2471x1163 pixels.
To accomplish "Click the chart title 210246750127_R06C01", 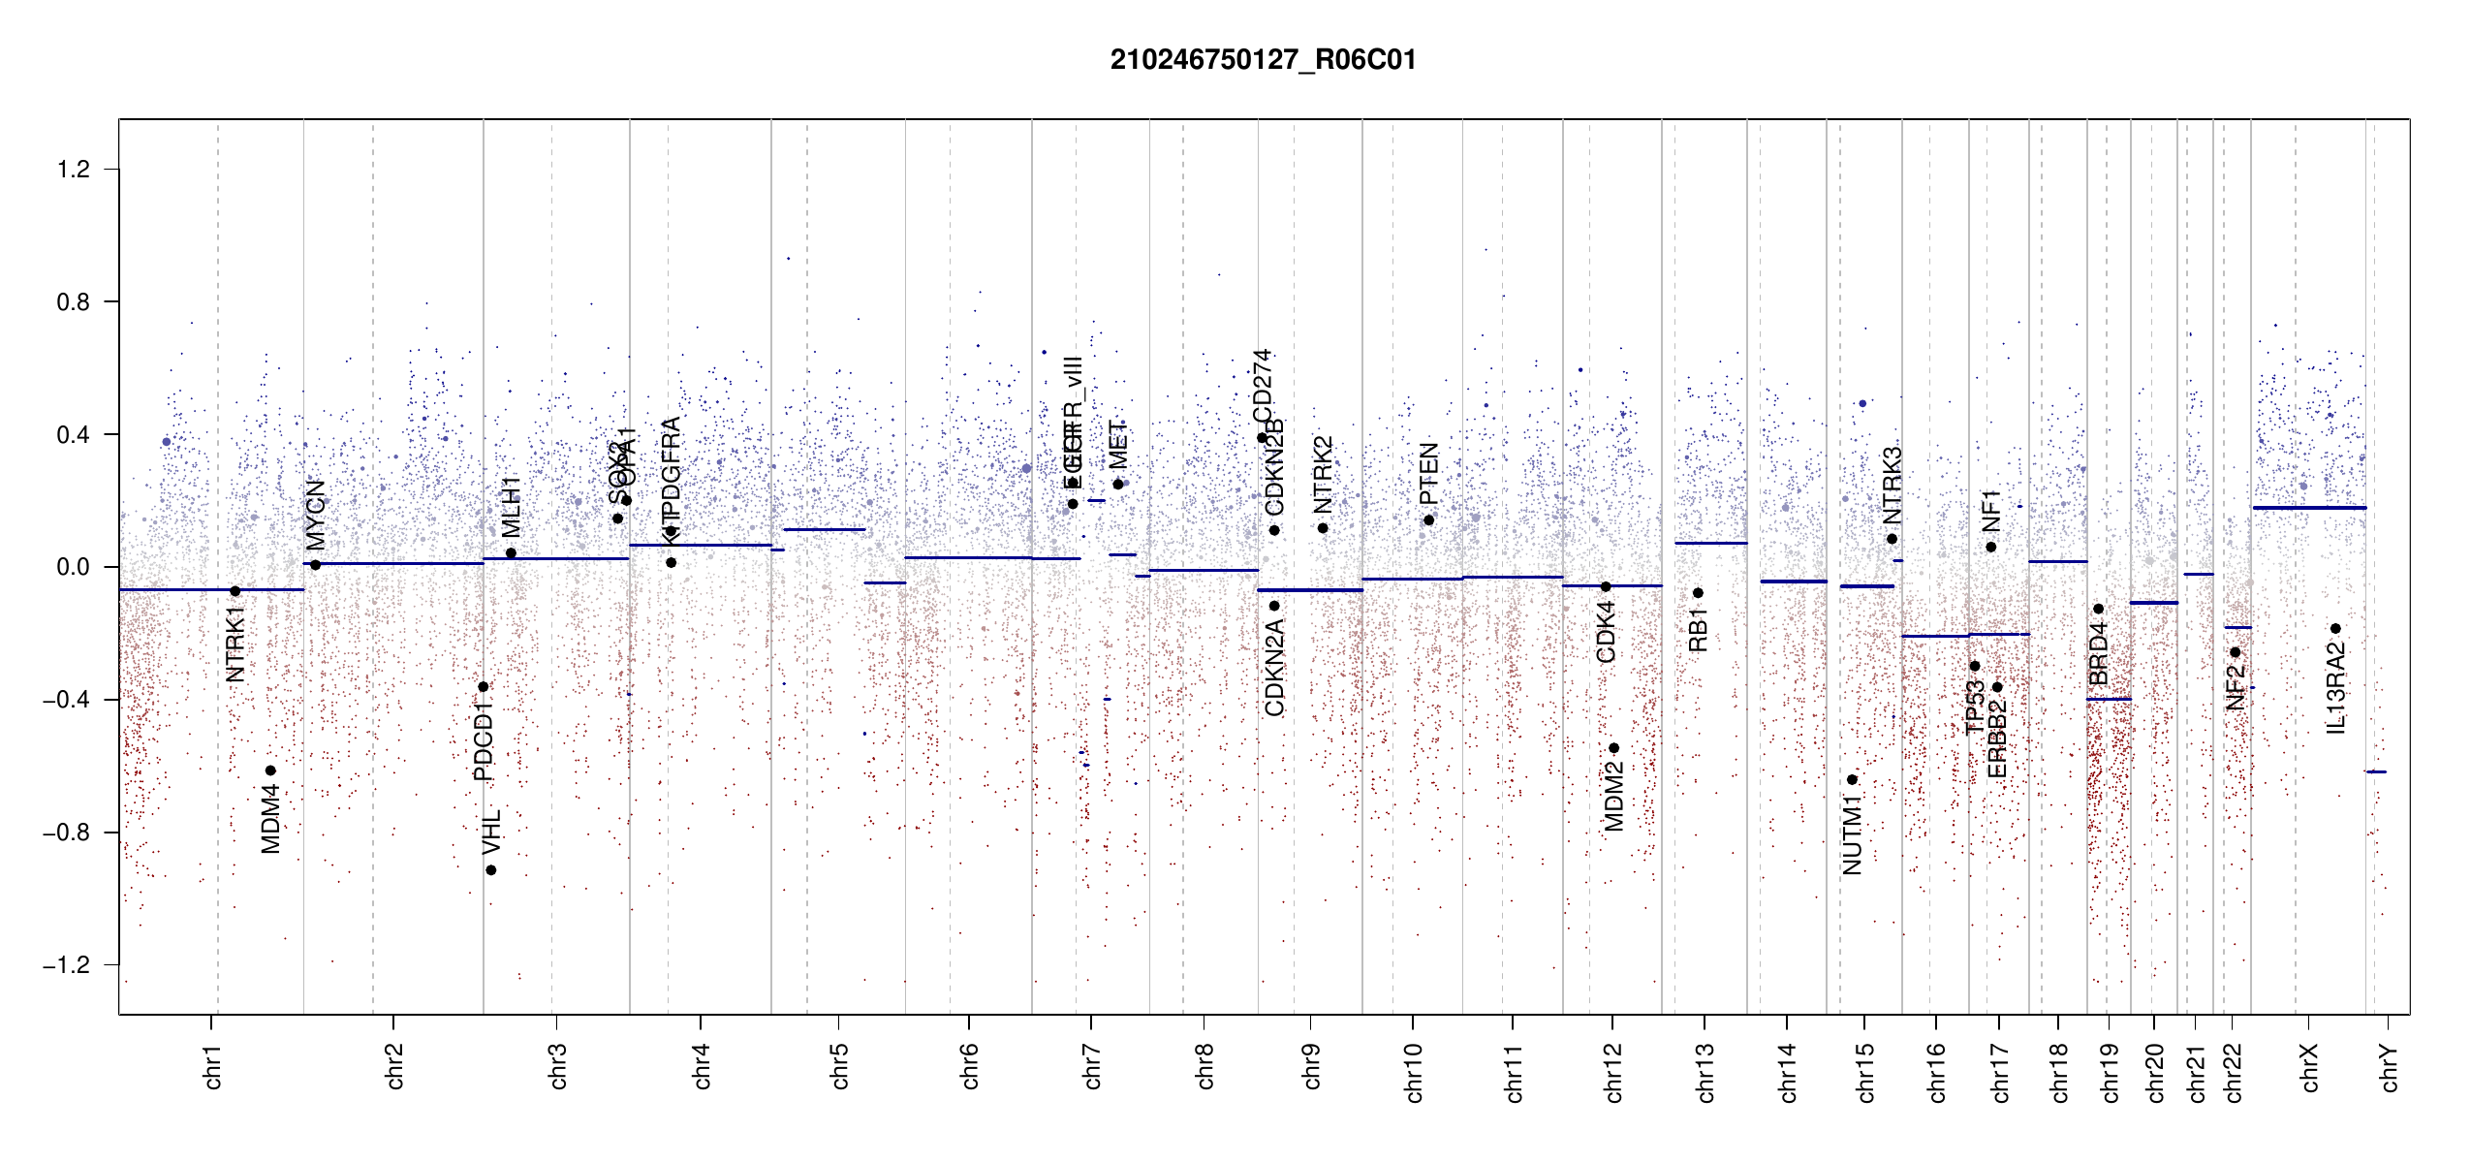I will point(1263,60).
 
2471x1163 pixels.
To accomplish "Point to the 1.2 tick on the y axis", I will point(74,170).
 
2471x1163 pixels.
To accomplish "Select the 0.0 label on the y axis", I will point(74,567).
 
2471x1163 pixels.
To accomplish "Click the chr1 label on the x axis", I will point(213,1066).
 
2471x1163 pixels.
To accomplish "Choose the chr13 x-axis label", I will point(1705,1072).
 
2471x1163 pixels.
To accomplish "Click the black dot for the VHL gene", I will point(491,870).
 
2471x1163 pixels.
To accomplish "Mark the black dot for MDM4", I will point(271,770).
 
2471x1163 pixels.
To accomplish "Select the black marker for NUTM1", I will point(1852,779).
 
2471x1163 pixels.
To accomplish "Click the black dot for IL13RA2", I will point(2335,629).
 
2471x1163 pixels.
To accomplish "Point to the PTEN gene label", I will point(1428,474).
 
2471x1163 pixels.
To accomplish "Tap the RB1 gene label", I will point(1697,630).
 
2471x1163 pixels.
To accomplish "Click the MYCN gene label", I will point(316,515).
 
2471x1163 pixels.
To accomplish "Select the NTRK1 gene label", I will point(235,644).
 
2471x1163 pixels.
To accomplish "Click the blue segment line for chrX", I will point(2309,508).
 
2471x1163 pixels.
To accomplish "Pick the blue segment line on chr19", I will point(2109,699).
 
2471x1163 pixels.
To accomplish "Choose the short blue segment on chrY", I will point(2376,771).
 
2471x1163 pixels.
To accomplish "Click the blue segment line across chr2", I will point(393,563).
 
